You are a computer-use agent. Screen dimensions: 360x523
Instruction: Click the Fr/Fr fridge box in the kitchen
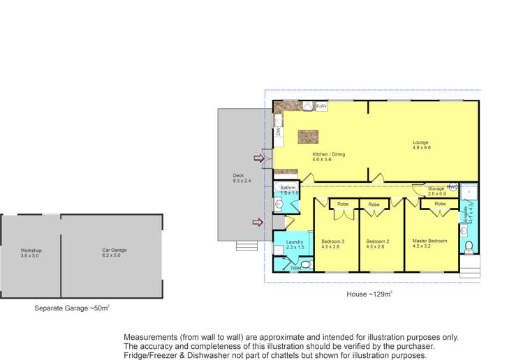tap(322, 107)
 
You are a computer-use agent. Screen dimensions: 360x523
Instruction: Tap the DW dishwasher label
tap(278, 130)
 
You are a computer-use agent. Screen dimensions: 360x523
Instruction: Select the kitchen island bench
tap(307, 136)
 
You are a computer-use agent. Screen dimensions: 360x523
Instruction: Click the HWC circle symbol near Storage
tap(452, 187)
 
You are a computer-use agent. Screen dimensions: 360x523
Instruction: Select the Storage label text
tap(436, 188)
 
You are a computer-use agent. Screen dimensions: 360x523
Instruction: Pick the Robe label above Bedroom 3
tap(343, 204)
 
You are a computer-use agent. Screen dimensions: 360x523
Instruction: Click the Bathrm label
tap(288, 188)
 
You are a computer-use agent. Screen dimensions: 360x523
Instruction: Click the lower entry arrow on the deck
tap(257, 223)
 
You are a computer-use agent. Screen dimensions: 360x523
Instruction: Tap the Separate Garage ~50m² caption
tap(72, 308)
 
